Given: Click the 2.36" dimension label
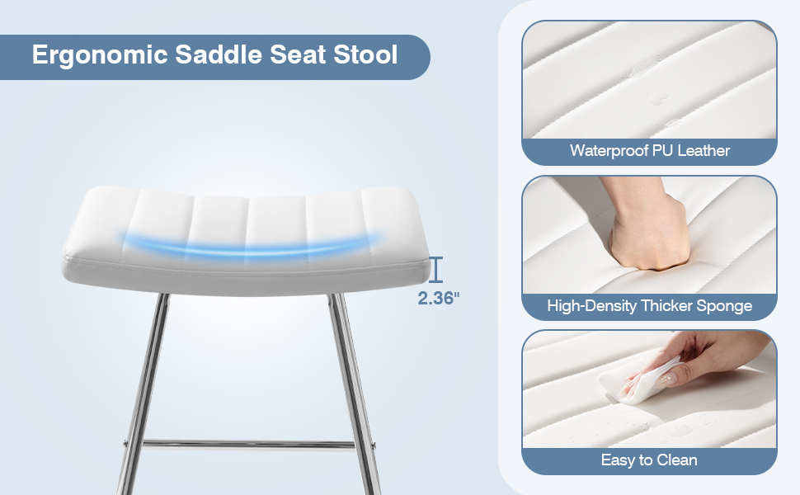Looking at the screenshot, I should pos(437,299).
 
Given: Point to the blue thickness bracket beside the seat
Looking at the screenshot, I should pos(436,269).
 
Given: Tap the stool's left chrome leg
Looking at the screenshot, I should pos(144,388).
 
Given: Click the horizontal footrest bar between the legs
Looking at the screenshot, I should pos(247,445).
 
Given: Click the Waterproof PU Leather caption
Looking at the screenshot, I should pos(650,151).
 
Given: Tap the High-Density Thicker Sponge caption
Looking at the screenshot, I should pos(650,306).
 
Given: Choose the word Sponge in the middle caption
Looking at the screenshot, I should pos(723,306).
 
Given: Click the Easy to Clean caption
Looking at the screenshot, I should pos(650,460).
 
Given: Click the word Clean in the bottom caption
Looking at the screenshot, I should pos(676,460).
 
